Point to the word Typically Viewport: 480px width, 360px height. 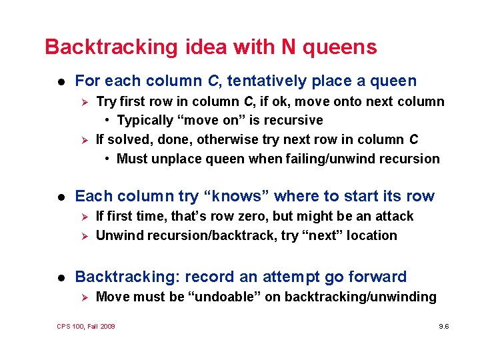145,120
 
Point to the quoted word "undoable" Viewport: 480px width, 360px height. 223,297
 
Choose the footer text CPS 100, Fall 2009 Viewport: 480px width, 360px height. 86,327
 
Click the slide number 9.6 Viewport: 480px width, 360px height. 443,327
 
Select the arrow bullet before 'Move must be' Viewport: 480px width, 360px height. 84,297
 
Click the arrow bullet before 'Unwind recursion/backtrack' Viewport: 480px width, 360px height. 84,236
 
